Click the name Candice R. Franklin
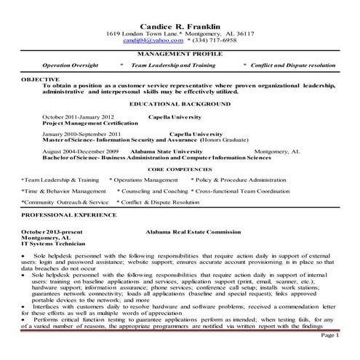point(180,25)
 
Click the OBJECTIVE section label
point(39,78)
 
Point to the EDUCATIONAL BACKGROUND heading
point(180,104)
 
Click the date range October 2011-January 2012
point(78,116)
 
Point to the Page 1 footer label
point(329,335)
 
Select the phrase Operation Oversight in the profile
point(71,65)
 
